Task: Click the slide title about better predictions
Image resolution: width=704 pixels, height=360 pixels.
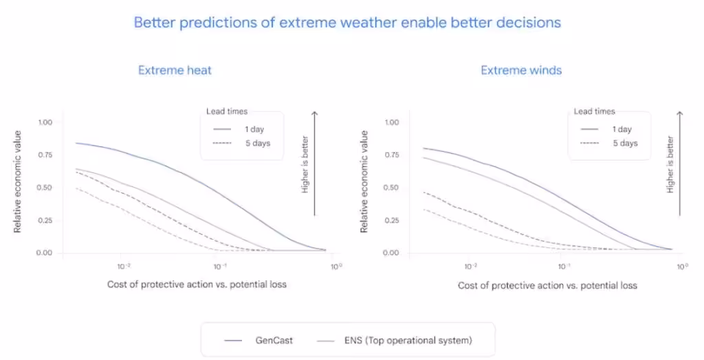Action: pyautogui.click(x=347, y=23)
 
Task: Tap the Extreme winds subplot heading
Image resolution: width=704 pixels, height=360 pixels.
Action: pyautogui.click(x=521, y=70)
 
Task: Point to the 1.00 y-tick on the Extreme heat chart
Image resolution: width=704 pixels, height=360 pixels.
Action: pyautogui.click(x=45, y=122)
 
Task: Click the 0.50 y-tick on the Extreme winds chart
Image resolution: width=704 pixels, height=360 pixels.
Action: pyautogui.click(x=390, y=188)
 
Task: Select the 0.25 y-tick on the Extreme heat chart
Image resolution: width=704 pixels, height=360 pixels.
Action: pyautogui.click(x=45, y=220)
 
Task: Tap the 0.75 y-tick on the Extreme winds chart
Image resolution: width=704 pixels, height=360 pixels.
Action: pyautogui.click(x=390, y=155)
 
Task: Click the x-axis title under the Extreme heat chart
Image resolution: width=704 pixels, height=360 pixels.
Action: pyautogui.click(x=197, y=284)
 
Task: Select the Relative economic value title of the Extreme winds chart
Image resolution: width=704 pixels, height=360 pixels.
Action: pyautogui.click(x=365, y=181)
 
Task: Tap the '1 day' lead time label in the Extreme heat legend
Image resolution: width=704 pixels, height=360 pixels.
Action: pyautogui.click(x=254, y=129)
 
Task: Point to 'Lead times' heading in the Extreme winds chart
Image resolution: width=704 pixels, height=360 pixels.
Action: pyautogui.click(x=595, y=111)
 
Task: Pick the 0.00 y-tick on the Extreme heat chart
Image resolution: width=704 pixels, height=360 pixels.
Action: pyautogui.click(x=45, y=253)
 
